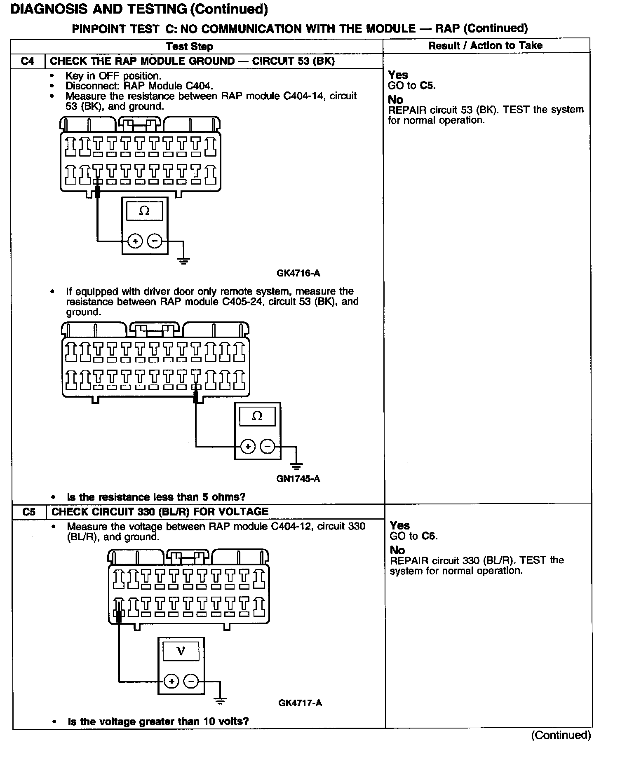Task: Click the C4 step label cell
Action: [x=27, y=61]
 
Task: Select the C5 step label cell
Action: [x=29, y=512]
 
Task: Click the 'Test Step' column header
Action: [x=190, y=46]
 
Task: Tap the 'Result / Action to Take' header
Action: [x=485, y=45]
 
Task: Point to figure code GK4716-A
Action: [x=298, y=273]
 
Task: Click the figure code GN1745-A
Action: [x=298, y=478]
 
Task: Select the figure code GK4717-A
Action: [x=300, y=703]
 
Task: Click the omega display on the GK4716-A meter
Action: [x=144, y=211]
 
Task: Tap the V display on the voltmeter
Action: [x=181, y=651]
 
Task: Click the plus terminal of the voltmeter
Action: [x=171, y=681]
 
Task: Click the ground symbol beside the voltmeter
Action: [x=220, y=700]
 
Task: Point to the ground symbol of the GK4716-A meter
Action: [x=184, y=260]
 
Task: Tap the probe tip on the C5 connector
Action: [x=119, y=616]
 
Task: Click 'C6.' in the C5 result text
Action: [x=431, y=536]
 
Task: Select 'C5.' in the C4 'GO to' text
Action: [x=428, y=86]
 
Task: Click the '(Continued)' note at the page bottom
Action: [x=561, y=735]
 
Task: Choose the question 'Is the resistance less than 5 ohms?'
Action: [x=156, y=497]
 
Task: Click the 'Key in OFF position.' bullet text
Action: [x=113, y=76]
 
